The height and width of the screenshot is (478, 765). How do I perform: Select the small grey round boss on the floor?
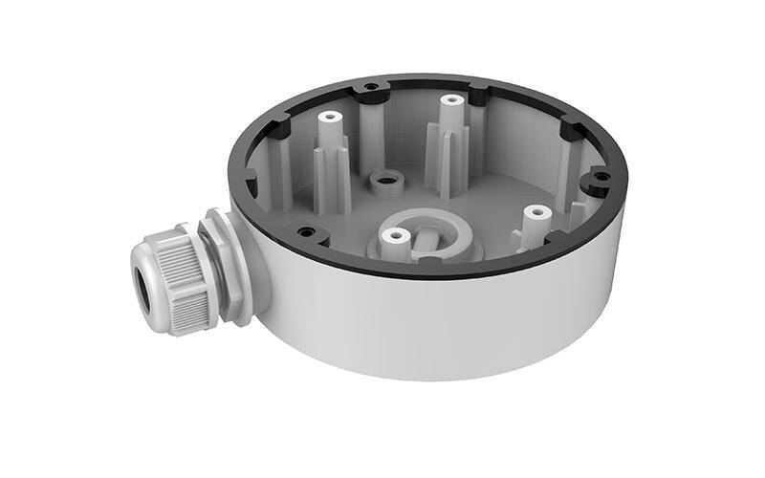[386, 179]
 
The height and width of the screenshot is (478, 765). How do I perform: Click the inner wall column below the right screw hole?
[574, 206]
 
